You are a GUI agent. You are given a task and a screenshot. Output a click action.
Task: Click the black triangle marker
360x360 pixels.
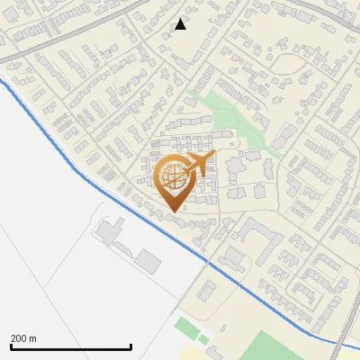coord(180,24)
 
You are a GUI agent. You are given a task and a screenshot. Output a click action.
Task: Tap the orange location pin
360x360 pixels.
coord(176,181)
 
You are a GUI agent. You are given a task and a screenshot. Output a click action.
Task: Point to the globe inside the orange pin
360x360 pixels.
coord(175,176)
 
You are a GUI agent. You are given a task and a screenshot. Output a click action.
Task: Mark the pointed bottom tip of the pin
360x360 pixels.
coord(175,211)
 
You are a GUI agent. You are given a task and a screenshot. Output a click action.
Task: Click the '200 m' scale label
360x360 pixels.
coord(23,338)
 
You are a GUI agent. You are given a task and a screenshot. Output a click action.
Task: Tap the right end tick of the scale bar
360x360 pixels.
coord(131,346)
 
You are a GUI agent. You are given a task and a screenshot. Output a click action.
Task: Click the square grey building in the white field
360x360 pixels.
coord(147,262)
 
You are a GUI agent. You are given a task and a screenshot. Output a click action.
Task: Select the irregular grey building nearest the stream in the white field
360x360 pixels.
coord(109,231)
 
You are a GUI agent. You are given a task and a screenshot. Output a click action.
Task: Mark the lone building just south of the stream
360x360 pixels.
coord(206,291)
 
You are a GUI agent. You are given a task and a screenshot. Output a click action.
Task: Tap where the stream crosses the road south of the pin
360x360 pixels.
coord(208,262)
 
